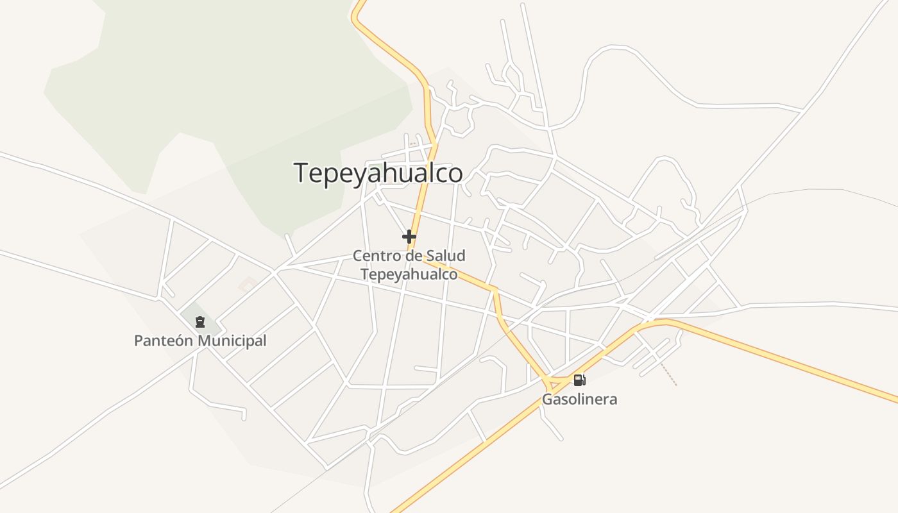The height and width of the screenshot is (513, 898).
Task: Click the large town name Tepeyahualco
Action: tap(378, 173)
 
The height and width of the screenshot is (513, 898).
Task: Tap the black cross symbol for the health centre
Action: tap(409, 237)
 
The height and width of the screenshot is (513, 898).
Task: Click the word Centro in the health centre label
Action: tap(374, 256)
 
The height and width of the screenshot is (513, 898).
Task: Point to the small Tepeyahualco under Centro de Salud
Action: tap(409, 274)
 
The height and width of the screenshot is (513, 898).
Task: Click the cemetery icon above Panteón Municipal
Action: tap(200, 321)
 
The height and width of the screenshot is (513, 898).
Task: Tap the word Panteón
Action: tap(163, 341)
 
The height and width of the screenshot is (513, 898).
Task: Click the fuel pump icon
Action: tap(579, 380)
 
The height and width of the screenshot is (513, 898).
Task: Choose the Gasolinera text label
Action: tap(580, 399)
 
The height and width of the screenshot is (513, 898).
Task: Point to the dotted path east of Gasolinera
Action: tap(669, 376)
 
